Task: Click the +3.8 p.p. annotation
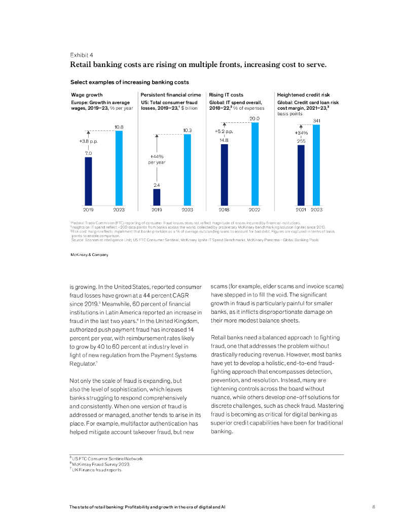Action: point(88,141)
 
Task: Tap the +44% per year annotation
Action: point(157,159)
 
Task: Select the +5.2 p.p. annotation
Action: point(224,132)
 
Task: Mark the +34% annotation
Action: point(301,133)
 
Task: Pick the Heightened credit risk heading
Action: point(303,94)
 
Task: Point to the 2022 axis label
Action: point(254,209)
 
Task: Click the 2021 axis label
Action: point(301,209)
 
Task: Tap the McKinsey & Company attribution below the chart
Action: point(89,255)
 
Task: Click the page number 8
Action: point(373,507)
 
